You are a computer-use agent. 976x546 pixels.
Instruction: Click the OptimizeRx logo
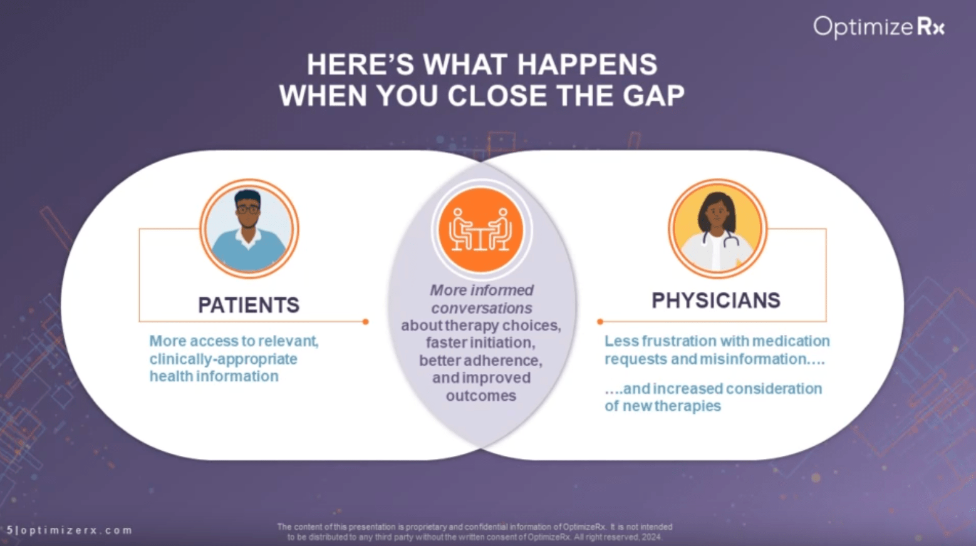[878, 27]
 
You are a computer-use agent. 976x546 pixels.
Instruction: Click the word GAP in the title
[653, 96]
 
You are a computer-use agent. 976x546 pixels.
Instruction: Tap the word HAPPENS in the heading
[587, 64]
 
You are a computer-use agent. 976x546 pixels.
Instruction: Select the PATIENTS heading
[249, 305]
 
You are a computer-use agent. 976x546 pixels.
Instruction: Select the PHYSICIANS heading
[716, 301]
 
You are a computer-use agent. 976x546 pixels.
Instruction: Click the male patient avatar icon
[249, 229]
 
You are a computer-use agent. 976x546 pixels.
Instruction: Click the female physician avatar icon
[717, 229]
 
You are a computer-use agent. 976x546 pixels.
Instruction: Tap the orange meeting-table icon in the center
[481, 229]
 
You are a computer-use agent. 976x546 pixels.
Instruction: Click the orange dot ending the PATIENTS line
[365, 322]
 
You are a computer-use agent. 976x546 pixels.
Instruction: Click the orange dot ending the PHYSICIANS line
[600, 322]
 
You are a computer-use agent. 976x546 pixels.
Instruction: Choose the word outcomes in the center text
[481, 396]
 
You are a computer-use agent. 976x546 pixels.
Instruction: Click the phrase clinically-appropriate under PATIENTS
[223, 359]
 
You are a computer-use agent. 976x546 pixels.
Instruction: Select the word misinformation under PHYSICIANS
[753, 359]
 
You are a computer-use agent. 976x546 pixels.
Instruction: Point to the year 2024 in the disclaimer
[651, 537]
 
